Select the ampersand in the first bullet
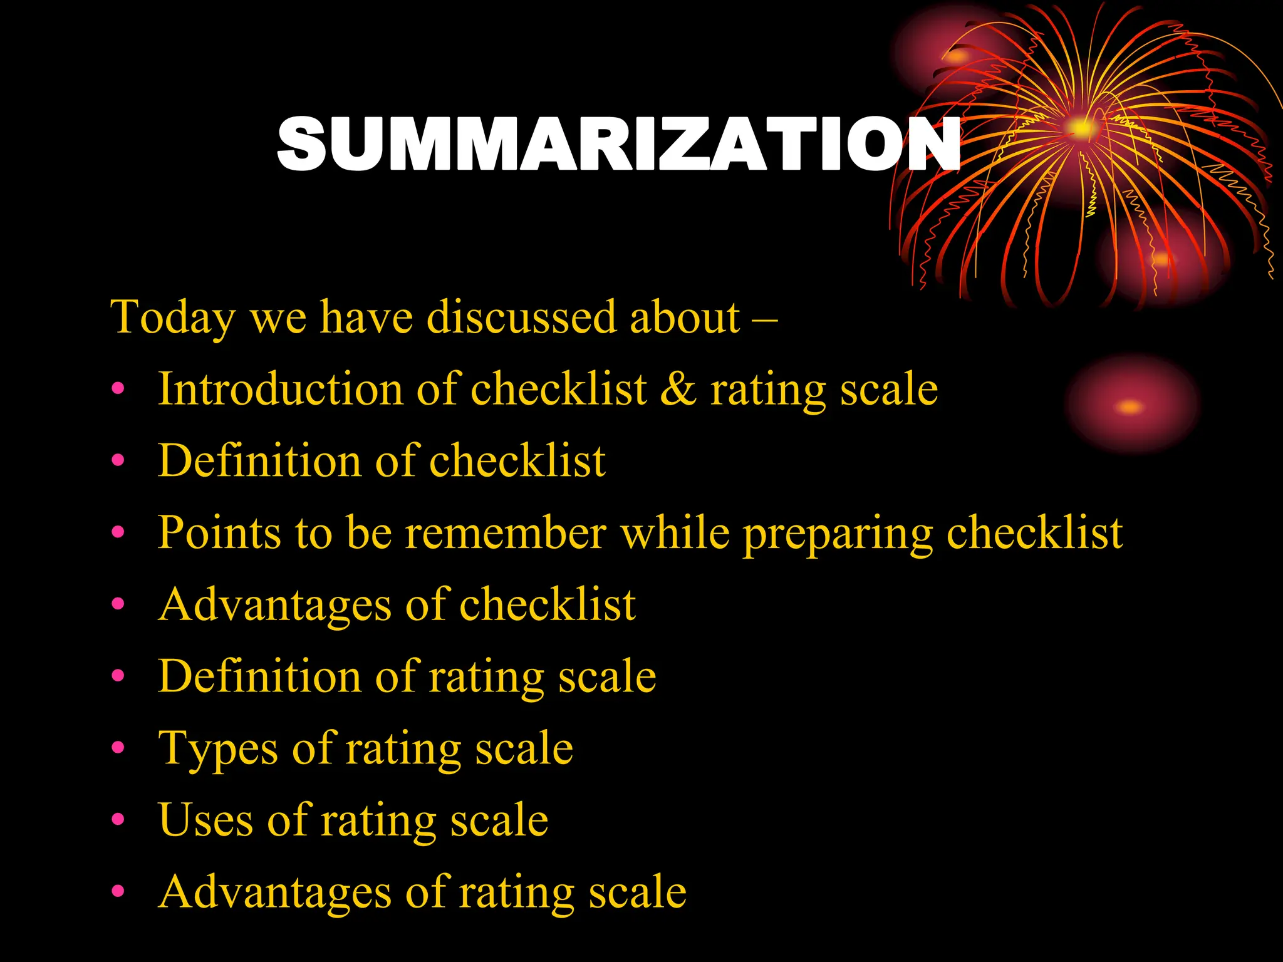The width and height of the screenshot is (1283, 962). click(x=678, y=389)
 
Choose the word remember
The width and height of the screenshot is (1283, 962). click(x=506, y=533)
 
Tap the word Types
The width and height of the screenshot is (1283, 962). click(x=217, y=749)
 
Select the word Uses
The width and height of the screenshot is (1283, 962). click(x=205, y=820)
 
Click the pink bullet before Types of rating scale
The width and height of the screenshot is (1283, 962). click(x=118, y=748)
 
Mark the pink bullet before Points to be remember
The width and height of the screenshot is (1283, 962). click(x=118, y=532)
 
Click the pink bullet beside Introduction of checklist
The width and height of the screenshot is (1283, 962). click(x=118, y=389)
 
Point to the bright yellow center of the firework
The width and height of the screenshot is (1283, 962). click(x=1081, y=128)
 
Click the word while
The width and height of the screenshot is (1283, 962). click(x=675, y=533)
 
